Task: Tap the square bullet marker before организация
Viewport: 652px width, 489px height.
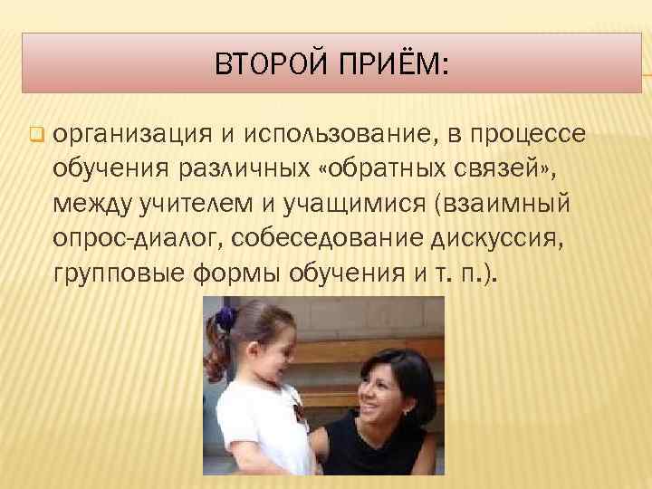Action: click(35, 137)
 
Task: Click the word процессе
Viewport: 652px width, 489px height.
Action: click(529, 136)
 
